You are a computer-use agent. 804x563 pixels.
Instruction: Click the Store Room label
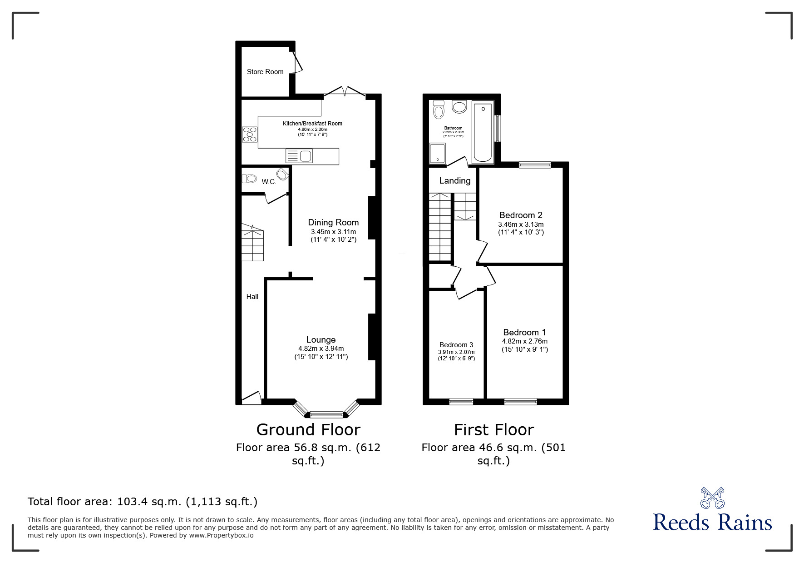(265, 72)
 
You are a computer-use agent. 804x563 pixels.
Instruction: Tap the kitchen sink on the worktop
(299, 156)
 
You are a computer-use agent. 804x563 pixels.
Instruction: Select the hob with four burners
(250, 135)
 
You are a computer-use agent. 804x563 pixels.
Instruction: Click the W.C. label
(269, 182)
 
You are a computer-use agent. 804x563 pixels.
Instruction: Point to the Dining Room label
(333, 222)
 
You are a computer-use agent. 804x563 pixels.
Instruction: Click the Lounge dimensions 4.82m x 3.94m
(321, 349)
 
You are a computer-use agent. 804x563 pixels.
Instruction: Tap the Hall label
(252, 297)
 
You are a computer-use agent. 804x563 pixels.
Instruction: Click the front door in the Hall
(252, 398)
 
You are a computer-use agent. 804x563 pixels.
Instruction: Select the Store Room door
(298, 63)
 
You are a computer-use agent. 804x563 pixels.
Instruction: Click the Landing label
(454, 181)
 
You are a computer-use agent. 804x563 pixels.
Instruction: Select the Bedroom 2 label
(521, 215)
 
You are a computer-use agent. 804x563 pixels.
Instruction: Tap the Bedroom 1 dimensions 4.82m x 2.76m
(524, 341)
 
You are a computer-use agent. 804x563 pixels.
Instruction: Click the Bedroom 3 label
(456, 345)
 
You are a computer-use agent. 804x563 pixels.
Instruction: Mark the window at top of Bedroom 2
(535, 165)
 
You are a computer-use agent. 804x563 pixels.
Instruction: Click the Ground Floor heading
(308, 429)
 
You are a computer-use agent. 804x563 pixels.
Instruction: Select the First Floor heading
(494, 429)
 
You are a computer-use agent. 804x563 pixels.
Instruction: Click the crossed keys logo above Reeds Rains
(712, 498)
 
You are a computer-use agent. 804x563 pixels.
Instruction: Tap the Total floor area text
(143, 502)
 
